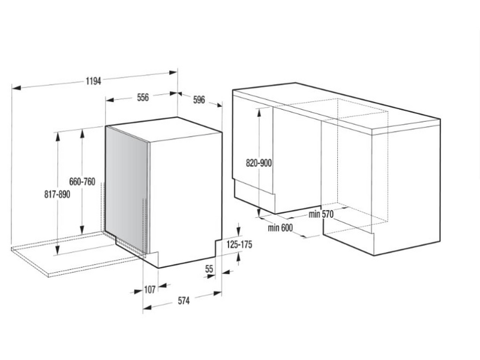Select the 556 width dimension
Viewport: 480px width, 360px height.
tap(142, 97)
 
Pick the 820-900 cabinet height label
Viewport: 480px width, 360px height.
tap(259, 162)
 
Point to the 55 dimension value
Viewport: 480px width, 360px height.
tap(209, 269)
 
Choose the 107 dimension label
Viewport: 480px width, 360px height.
tap(149, 290)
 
